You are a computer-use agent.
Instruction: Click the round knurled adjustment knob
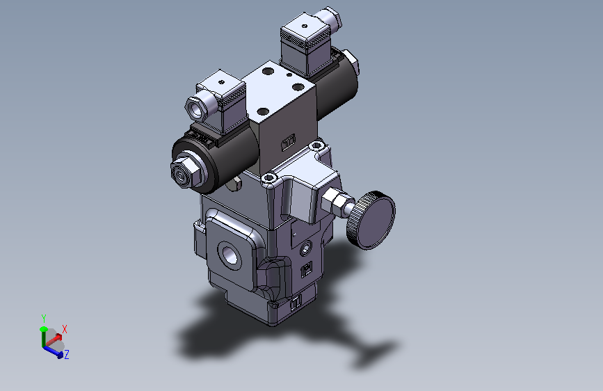pyautogui.click(x=371, y=218)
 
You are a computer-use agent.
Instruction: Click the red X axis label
pyautogui.click(x=65, y=328)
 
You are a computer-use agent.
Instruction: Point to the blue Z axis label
pyautogui.click(x=67, y=355)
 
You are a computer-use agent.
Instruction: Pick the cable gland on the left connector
pyautogui.click(x=195, y=106)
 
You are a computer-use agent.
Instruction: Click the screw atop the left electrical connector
pyautogui.click(x=220, y=81)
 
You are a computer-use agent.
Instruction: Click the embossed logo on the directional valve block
pyautogui.click(x=288, y=143)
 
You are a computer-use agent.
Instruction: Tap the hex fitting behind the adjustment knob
pyautogui.click(x=337, y=202)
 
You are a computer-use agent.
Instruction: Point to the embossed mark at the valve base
pyautogui.click(x=294, y=303)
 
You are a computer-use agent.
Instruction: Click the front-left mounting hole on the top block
pyautogui.click(x=262, y=111)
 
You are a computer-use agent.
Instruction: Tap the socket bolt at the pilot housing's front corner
pyautogui.click(x=269, y=179)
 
